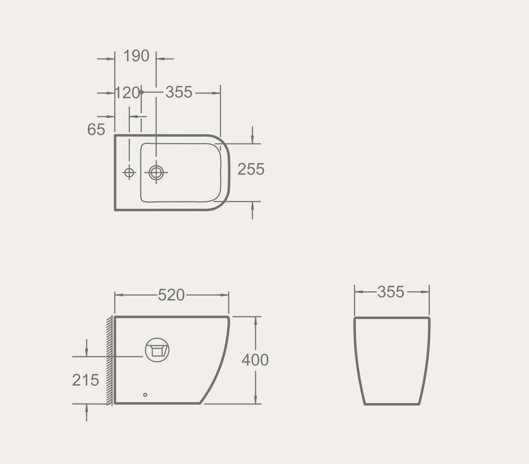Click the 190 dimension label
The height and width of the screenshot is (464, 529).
click(136, 56)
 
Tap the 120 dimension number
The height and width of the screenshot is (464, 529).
click(127, 93)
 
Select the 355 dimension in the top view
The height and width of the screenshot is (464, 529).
click(179, 92)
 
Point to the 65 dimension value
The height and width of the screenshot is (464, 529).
click(96, 129)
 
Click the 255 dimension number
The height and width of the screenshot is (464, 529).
click(251, 169)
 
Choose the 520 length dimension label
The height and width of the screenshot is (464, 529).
click(171, 295)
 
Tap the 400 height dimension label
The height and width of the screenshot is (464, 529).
click(255, 360)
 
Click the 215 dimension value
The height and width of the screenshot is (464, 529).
click(85, 380)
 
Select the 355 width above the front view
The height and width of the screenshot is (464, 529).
click(391, 292)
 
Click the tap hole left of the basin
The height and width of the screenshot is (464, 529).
click(129, 173)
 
